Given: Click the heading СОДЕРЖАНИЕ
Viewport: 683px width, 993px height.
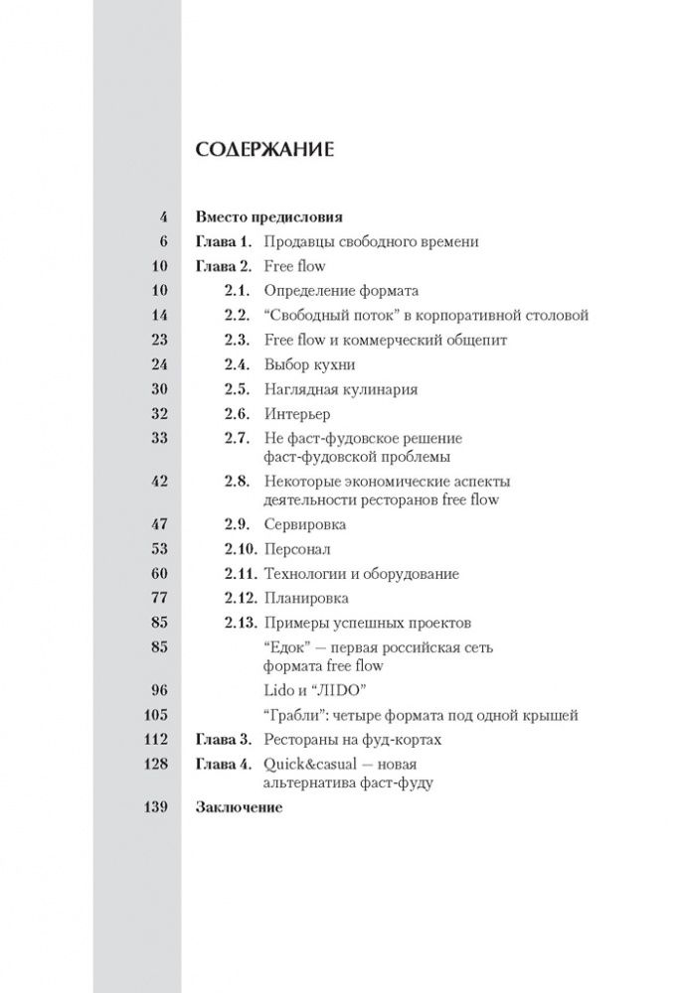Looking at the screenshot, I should point(264,150).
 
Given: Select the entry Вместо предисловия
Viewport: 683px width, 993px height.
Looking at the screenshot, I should point(269,216).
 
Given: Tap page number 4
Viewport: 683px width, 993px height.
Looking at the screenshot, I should point(163,216).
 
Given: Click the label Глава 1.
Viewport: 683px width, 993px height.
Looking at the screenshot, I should point(219,241).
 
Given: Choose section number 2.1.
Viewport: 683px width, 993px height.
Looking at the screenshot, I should point(235,291).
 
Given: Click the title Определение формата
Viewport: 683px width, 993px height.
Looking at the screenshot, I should point(341,291).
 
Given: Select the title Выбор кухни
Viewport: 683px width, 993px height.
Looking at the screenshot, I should point(309,364).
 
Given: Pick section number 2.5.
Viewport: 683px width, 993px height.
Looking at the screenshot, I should point(235,389).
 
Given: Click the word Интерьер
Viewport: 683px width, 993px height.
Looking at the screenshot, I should point(296,413).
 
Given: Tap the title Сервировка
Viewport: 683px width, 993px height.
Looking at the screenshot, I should point(304,525).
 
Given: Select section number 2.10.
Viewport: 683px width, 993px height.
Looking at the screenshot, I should point(239,549).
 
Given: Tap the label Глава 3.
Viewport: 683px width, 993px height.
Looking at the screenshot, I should point(219,739).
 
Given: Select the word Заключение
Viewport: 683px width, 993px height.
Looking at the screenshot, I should point(239,807).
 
